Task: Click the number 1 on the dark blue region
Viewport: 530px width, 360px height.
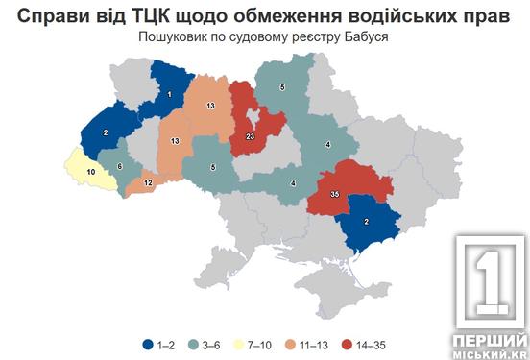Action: pyautogui.click(x=170, y=93)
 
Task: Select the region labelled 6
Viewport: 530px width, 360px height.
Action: pyautogui.click(x=119, y=166)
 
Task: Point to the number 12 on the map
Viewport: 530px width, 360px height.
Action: pyautogui.click(x=148, y=182)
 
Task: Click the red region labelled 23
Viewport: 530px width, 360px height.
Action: pyautogui.click(x=250, y=137)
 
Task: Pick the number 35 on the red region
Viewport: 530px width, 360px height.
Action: pyautogui.click(x=334, y=194)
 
